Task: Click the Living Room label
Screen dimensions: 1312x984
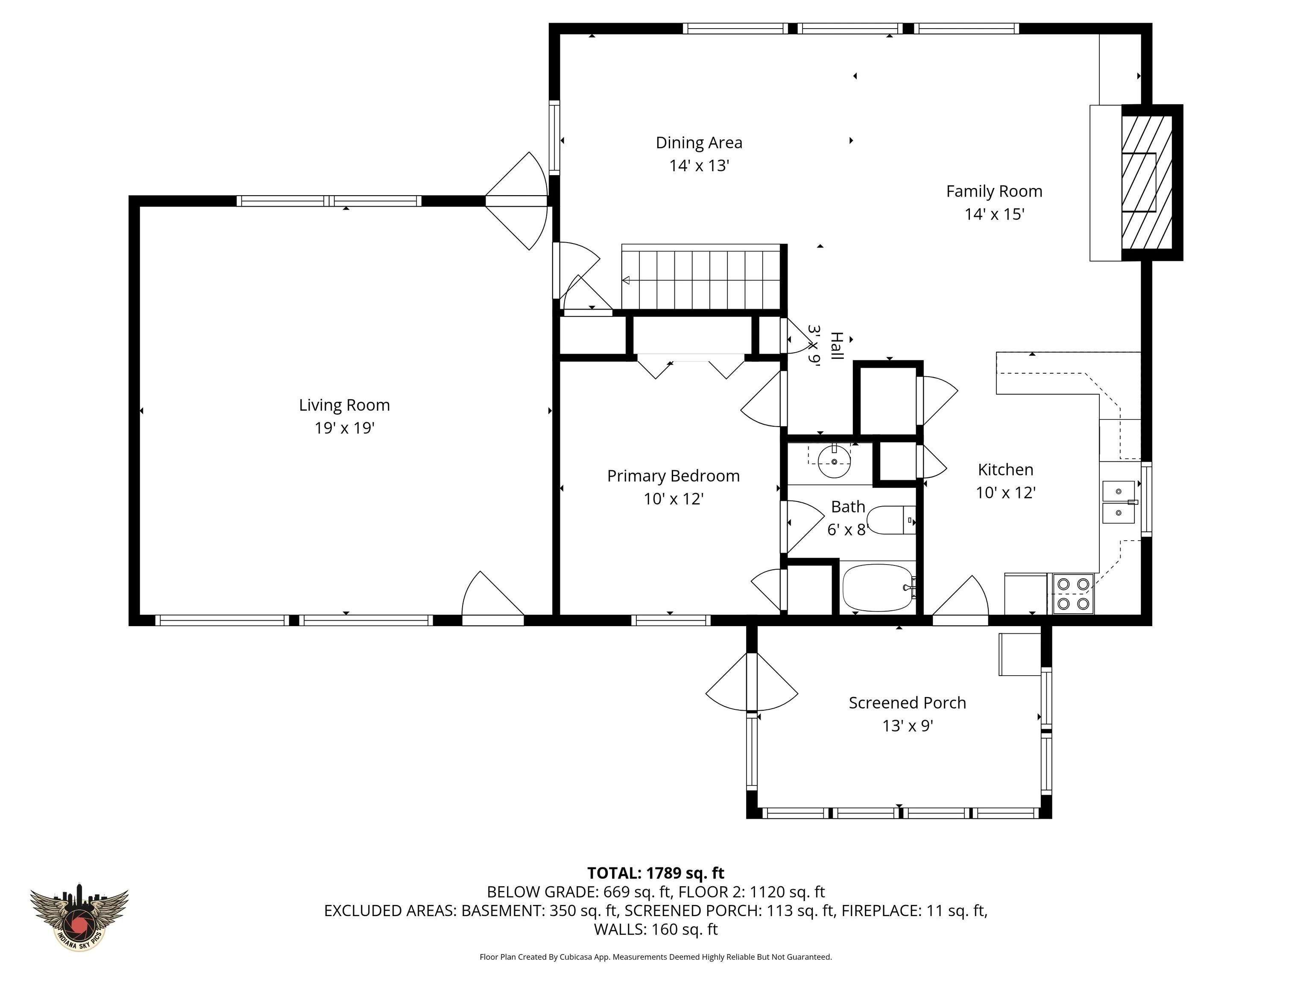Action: click(344, 405)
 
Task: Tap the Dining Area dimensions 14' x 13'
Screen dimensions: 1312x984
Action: click(699, 165)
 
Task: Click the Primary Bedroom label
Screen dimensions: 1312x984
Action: click(673, 476)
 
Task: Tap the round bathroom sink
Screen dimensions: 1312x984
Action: click(834, 461)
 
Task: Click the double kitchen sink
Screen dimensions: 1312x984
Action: click(1119, 502)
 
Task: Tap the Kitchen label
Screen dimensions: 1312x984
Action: click(1005, 470)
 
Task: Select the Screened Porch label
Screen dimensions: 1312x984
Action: click(908, 703)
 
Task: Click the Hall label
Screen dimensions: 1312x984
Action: click(836, 346)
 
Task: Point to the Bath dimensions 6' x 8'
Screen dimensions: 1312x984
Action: click(847, 529)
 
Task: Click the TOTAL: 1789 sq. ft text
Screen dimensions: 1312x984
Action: click(656, 873)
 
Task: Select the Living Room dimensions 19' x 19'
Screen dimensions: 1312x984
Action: click(344, 428)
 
